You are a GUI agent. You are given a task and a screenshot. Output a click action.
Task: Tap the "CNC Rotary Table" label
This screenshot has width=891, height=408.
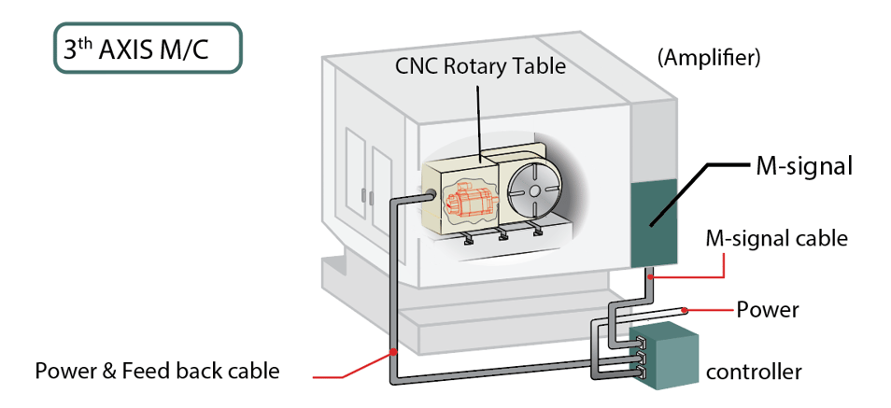click(x=481, y=66)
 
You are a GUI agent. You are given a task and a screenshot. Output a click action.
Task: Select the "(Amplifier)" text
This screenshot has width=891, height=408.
click(x=709, y=58)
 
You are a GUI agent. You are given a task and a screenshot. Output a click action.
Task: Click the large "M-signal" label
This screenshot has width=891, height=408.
click(x=802, y=168)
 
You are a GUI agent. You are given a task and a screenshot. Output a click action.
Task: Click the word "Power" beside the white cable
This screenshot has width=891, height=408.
click(x=768, y=309)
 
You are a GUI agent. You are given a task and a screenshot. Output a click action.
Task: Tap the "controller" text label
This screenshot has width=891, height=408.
click(x=753, y=372)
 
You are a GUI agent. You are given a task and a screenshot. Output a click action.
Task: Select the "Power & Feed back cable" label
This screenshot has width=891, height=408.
click(x=157, y=371)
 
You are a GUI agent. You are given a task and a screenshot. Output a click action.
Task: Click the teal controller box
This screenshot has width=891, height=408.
click(x=669, y=355)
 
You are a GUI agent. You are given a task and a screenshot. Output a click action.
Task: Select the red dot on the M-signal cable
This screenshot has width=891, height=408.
click(x=653, y=276)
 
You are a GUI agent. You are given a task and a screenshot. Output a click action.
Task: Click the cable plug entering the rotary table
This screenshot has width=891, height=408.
click(x=432, y=194)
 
